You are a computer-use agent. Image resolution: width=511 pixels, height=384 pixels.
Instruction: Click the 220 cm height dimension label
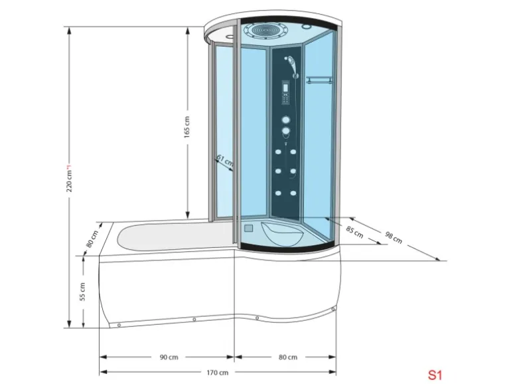tap(68, 178)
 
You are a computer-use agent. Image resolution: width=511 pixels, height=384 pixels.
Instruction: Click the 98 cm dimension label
tap(393, 235)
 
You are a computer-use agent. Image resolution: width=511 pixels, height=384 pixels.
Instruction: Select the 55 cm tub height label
tap(83, 292)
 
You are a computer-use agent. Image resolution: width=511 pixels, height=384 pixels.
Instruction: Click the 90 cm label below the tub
tap(169, 357)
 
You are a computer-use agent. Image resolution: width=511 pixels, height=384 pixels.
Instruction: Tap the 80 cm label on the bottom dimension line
tap(287, 357)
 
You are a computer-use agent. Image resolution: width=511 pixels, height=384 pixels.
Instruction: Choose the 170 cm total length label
tap(219, 372)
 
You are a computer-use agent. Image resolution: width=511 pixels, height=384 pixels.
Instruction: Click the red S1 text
tap(435, 373)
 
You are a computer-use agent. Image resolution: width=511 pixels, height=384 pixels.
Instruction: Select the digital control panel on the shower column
tap(285, 93)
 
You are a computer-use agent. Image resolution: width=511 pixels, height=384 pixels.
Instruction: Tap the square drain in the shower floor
tap(249, 227)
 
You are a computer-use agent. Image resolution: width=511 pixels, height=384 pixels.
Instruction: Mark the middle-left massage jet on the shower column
tap(278, 171)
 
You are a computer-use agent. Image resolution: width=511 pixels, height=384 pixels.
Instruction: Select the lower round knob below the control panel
tap(285, 132)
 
